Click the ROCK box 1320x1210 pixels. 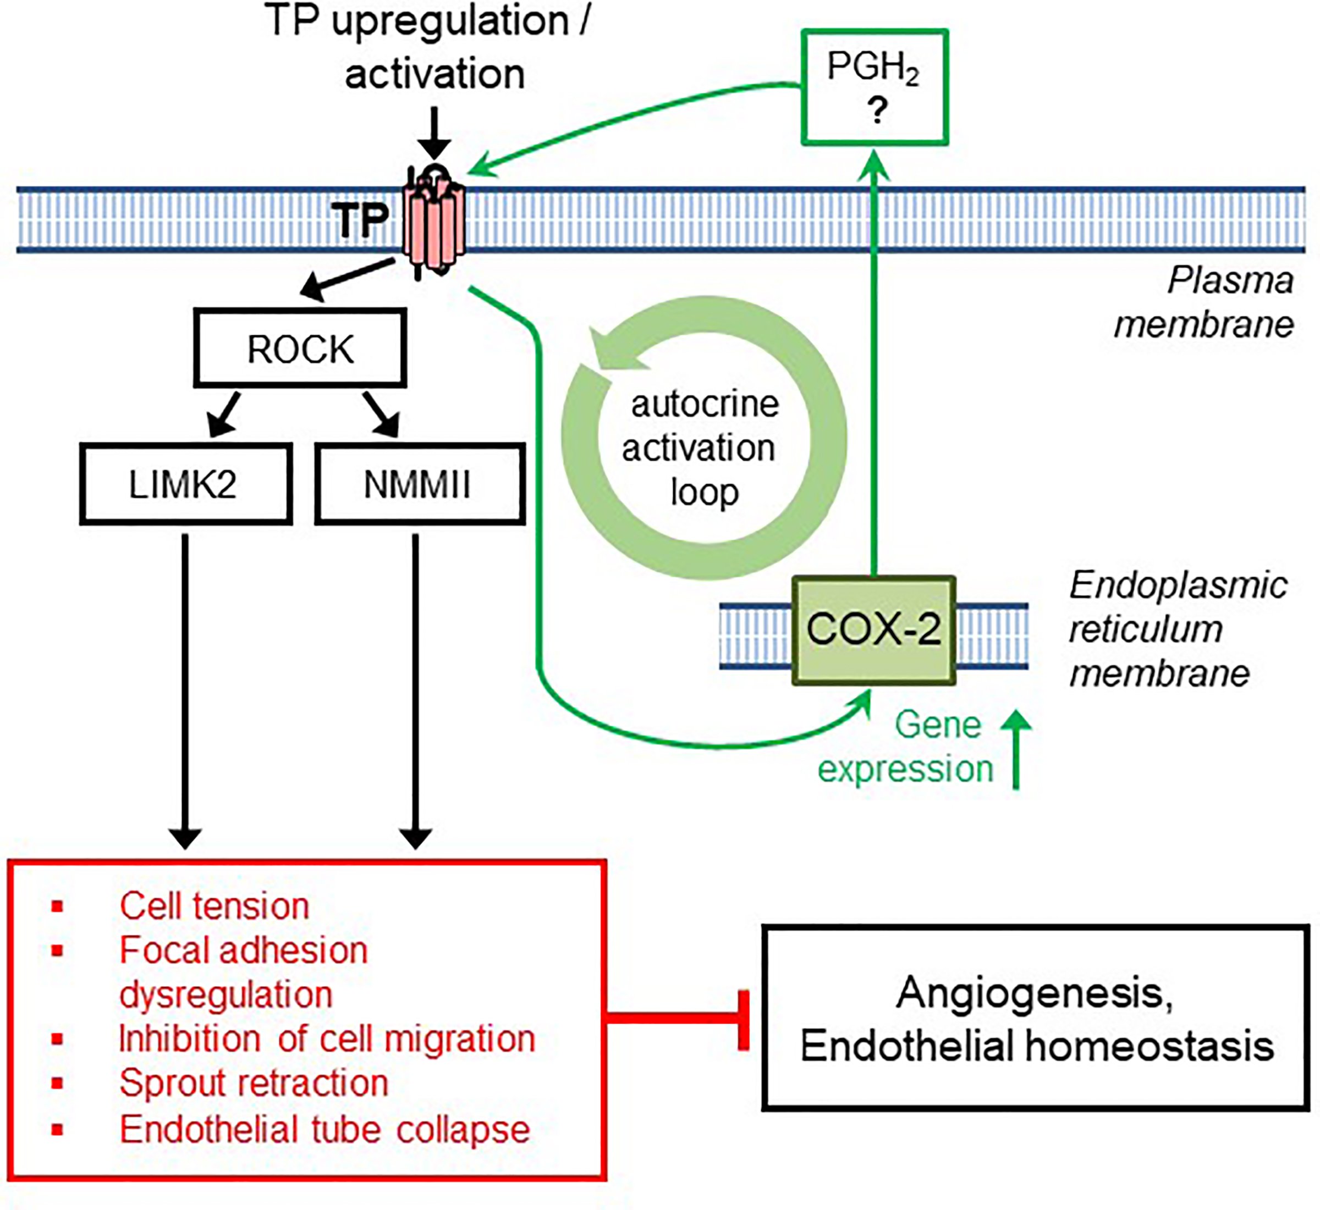(300, 349)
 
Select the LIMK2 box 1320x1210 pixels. (185, 484)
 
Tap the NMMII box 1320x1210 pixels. (419, 484)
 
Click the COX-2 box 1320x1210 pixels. (873, 630)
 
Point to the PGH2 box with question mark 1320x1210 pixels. (875, 87)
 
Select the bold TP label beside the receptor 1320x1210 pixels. (360, 220)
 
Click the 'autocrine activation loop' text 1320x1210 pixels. (701, 448)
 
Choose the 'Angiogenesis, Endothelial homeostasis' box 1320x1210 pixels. (1035, 1019)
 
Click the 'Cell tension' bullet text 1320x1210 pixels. (214, 906)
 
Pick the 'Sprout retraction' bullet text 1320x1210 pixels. (254, 1083)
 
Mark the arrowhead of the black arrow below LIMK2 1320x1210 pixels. (185, 839)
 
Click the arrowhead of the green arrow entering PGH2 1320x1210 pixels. (874, 164)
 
